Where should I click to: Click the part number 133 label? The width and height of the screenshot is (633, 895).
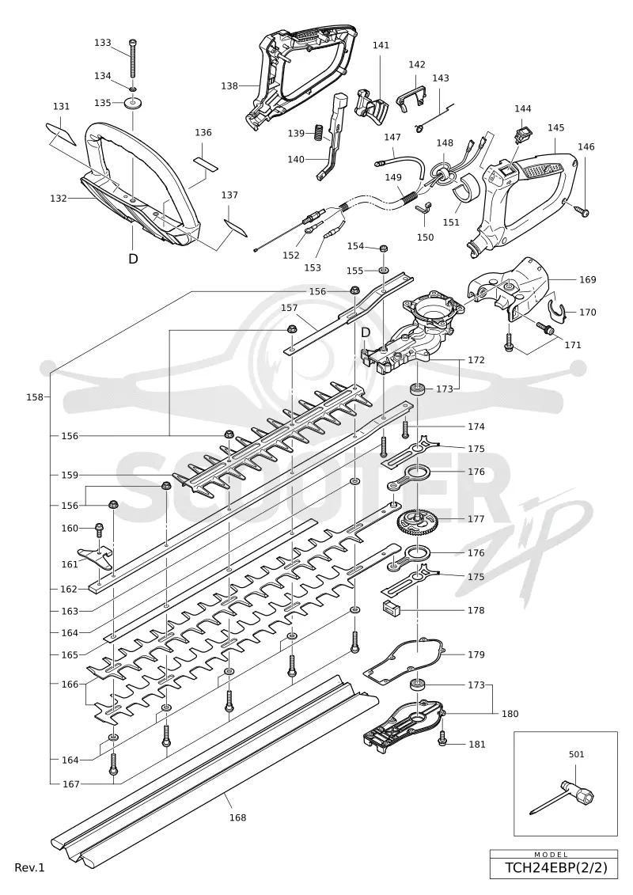click(x=103, y=43)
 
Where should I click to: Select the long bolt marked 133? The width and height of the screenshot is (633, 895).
click(x=133, y=59)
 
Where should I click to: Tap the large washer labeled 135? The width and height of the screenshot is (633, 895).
click(x=133, y=104)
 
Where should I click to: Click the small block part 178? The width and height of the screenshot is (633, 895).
click(x=391, y=609)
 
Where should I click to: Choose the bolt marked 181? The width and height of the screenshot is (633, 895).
click(x=442, y=741)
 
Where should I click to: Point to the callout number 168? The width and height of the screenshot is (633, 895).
click(x=237, y=817)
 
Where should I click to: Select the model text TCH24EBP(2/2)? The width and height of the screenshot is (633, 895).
click(x=554, y=868)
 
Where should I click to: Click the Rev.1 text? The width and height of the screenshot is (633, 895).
click(x=30, y=867)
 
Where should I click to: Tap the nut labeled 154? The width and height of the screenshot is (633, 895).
click(x=384, y=248)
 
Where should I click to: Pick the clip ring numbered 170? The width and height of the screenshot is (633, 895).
click(x=556, y=311)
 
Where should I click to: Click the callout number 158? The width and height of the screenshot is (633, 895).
click(x=35, y=396)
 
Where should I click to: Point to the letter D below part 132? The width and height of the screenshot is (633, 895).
click(x=133, y=259)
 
